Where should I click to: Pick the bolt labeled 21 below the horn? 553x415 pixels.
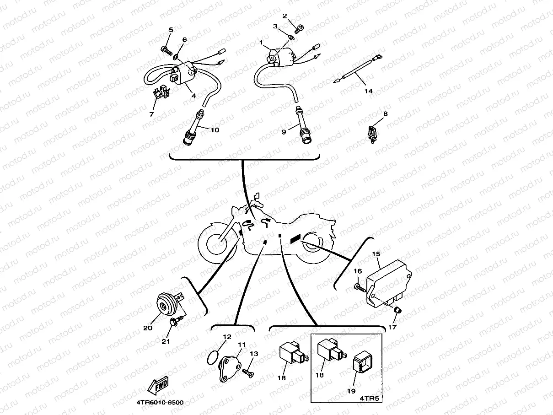(x=172, y=323)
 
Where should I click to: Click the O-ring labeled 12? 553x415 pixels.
(x=212, y=356)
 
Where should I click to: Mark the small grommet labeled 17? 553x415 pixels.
(x=397, y=311)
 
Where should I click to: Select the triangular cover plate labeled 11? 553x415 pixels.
(x=229, y=366)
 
